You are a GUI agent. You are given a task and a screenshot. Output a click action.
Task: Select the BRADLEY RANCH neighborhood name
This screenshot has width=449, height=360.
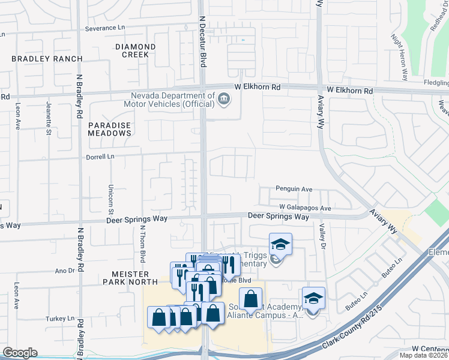point(41,59)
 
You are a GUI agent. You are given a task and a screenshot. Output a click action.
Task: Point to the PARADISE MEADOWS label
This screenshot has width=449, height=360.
point(109,128)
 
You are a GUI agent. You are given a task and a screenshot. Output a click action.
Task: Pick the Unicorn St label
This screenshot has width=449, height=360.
point(111,200)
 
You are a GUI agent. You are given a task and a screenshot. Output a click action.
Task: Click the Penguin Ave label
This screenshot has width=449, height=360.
point(294,189)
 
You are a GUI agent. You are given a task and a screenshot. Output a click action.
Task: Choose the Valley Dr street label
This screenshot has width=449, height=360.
point(322,236)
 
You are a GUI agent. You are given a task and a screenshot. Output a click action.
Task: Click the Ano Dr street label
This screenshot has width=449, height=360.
point(64,271)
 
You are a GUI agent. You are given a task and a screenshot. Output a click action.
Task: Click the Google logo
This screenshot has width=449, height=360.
point(20,353)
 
